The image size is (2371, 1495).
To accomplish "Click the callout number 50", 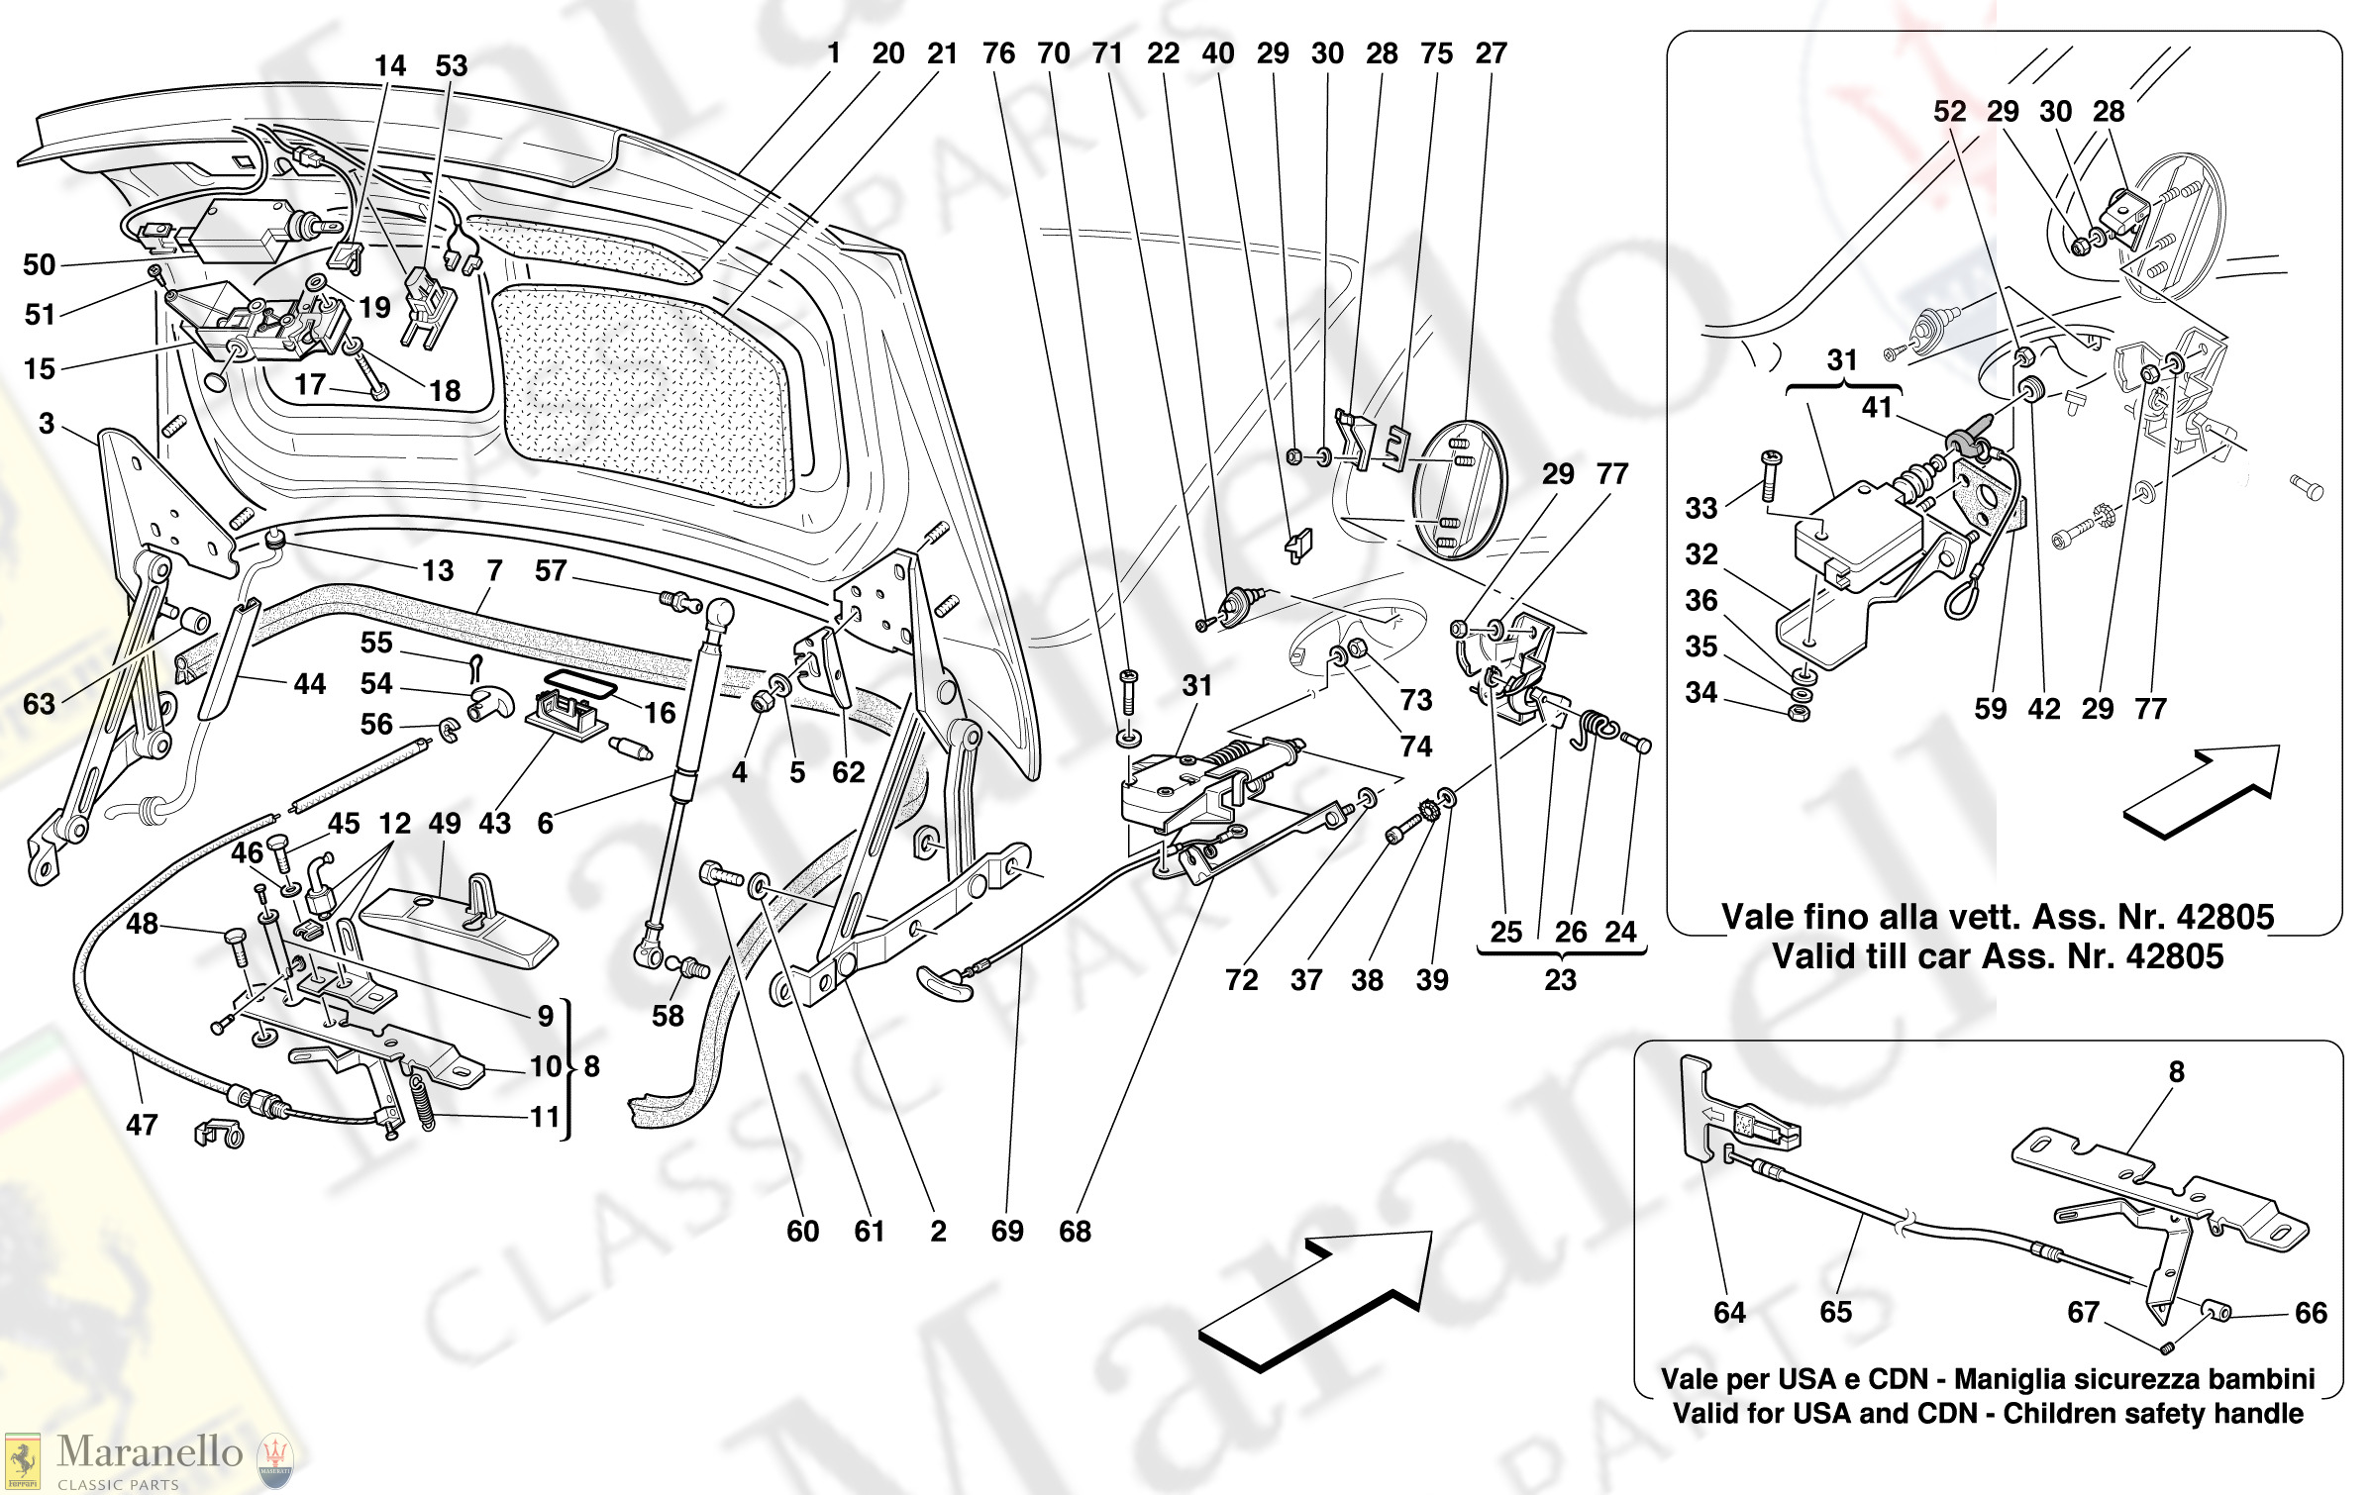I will point(40,264).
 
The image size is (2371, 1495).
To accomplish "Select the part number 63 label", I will point(40,704).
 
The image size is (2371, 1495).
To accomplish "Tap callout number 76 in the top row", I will point(998,53).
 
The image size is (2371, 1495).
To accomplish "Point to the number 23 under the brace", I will point(1560,980).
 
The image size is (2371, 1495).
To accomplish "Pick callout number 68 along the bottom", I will point(1075,1231).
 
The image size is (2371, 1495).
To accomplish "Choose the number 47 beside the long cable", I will point(142,1125).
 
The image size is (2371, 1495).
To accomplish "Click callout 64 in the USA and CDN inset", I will point(1729,1312).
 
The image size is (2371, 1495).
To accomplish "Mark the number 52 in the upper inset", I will point(1949,111).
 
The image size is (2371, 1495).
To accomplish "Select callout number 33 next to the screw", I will point(1701,508).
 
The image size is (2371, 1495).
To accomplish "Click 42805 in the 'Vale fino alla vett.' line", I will point(2223,917).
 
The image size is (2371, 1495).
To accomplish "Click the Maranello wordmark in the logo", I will point(150,1451).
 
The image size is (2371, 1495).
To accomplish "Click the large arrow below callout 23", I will point(1317,1297).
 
